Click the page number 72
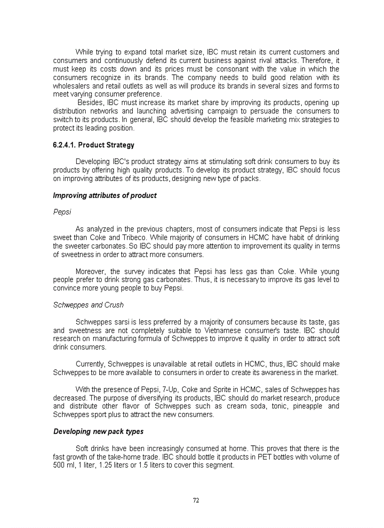click(x=196, y=500)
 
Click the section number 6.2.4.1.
click(x=64, y=145)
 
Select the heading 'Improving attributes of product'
click(x=104, y=195)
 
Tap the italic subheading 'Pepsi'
click(x=62, y=212)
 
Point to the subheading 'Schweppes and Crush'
click(x=88, y=305)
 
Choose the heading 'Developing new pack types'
click(x=98, y=431)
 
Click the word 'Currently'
click(x=91, y=364)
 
